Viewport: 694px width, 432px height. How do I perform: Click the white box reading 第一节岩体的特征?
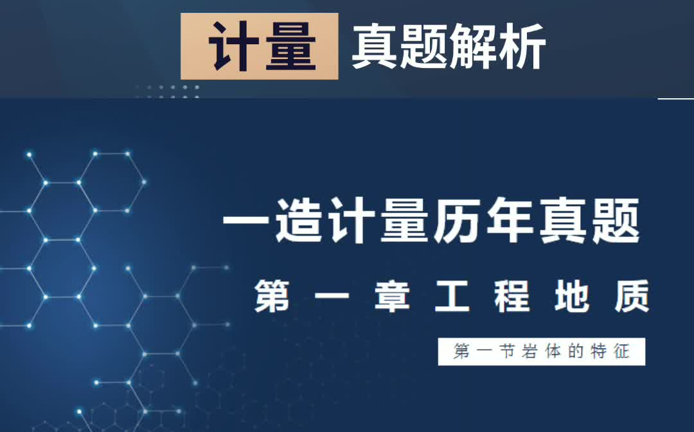(x=541, y=352)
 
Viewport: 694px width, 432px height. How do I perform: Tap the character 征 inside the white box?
(x=621, y=352)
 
